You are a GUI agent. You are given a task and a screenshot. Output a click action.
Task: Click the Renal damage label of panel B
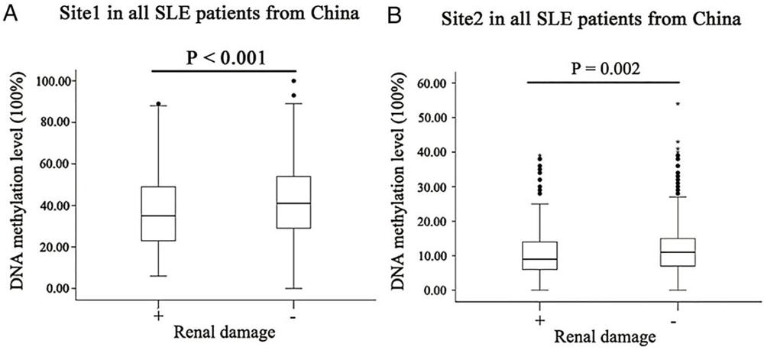(604, 336)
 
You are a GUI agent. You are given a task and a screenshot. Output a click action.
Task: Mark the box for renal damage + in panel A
(159, 213)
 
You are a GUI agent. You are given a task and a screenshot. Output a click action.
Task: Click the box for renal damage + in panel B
(540, 255)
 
